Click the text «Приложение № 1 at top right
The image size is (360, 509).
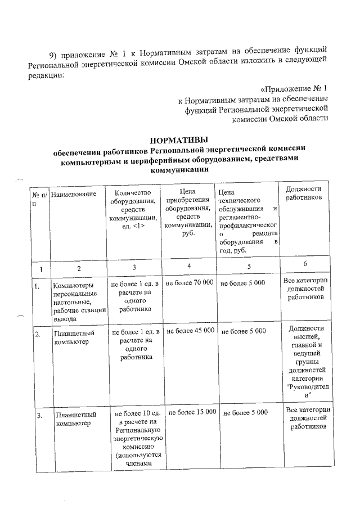click(294, 89)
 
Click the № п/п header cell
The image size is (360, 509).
click(39, 198)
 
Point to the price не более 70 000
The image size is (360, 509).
click(189, 283)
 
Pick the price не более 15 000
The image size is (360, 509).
click(192, 413)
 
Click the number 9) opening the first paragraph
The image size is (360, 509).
click(54, 55)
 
